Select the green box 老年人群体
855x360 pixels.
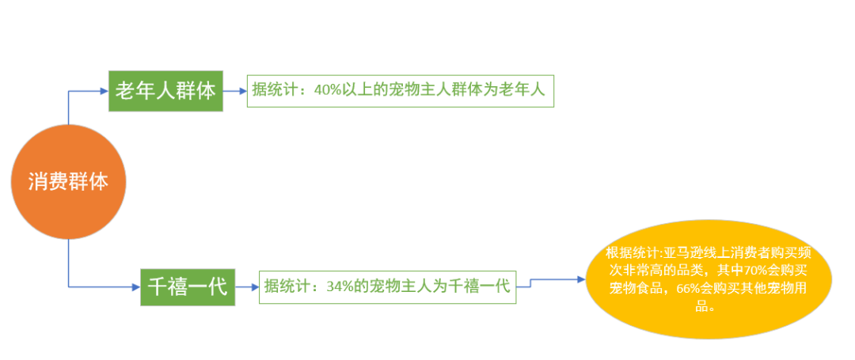(165, 90)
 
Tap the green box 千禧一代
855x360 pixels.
(188, 287)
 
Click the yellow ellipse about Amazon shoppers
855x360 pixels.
(709, 282)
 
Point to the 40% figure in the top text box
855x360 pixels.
(328, 90)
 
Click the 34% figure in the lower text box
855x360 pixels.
(339, 286)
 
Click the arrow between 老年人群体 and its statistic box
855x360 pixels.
(235, 90)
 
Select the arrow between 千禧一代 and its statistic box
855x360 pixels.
(247, 286)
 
